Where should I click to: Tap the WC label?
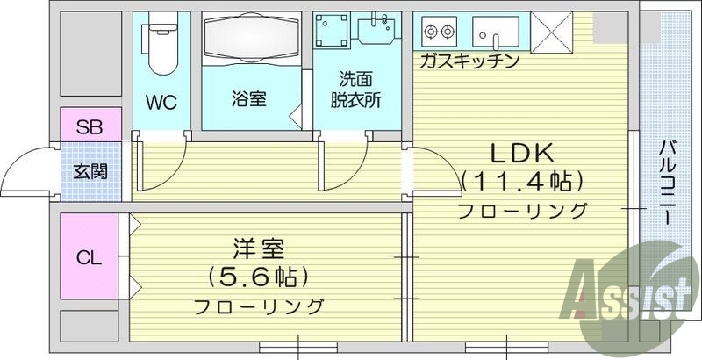(x=161, y=102)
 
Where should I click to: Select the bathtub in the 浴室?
(x=251, y=45)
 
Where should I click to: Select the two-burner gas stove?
(x=439, y=32)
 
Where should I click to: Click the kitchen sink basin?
(x=497, y=32)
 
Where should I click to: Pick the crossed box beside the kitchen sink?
(x=552, y=32)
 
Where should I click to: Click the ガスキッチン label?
(x=469, y=61)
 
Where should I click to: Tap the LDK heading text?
(x=521, y=153)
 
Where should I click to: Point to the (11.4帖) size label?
(x=521, y=182)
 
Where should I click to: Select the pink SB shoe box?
(x=88, y=126)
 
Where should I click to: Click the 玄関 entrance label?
(x=88, y=170)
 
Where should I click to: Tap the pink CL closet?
(x=89, y=257)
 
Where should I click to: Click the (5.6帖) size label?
(x=258, y=277)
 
